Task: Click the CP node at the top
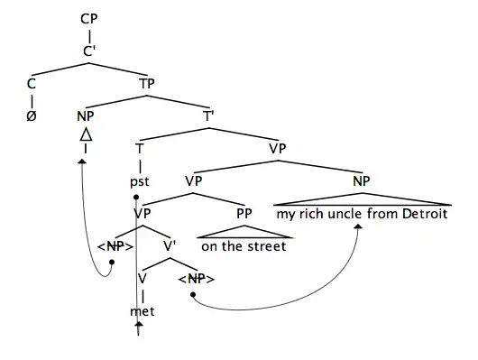point(88,19)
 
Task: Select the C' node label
point(88,51)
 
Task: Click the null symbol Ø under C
point(32,115)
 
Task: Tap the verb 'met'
point(142,311)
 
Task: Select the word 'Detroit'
point(420,214)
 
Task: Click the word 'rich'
point(311,214)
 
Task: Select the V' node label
point(168,245)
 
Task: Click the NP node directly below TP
point(87,115)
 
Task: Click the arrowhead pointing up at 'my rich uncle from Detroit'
point(359,227)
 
